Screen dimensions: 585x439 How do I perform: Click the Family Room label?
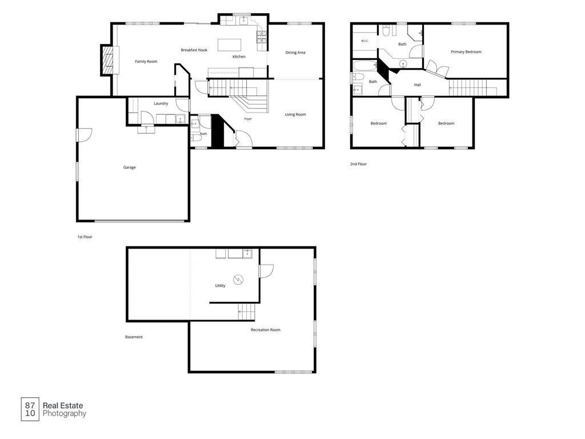point(146,62)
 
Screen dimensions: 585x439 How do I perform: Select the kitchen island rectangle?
point(229,45)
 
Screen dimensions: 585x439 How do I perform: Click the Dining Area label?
point(295,53)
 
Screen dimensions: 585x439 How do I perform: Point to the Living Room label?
point(295,114)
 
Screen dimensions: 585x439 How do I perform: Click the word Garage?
point(130,167)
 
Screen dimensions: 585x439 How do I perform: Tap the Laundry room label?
point(161,103)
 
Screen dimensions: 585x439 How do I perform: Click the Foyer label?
point(248,119)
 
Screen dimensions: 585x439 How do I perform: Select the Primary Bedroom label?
point(466,52)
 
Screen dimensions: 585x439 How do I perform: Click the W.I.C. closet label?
point(364,41)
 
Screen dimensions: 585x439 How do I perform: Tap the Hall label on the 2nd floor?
point(418,85)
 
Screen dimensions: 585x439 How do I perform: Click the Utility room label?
point(220,286)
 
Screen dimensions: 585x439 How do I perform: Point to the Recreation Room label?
point(265,330)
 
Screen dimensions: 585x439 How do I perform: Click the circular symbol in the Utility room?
point(238,279)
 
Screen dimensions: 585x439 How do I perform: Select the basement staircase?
point(247,312)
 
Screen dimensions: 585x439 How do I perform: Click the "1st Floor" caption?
point(85,237)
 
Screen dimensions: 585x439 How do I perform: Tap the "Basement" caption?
point(134,337)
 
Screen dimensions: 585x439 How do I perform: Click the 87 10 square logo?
point(30,409)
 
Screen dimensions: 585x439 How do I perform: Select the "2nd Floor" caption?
point(358,164)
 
